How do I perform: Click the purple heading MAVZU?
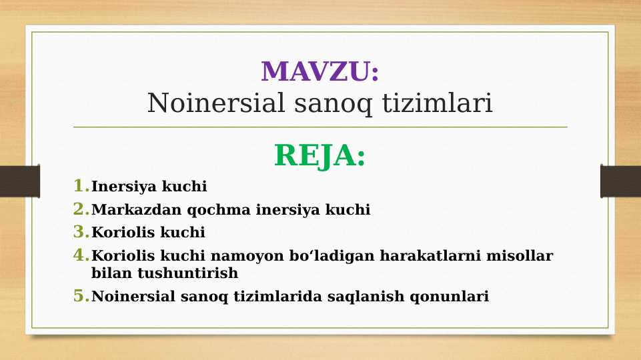[x=320, y=72]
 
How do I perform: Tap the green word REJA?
[x=320, y=156]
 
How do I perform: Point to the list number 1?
[x=81, y=185]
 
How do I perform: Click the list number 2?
[x=81, y=209]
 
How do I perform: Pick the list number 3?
[x=81, y=232]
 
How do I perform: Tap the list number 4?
[x=81, y=255]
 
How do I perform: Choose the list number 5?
[x=81, y=296]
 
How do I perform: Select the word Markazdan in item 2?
[x=136, y=210]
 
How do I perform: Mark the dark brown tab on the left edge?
[x=19, y=181]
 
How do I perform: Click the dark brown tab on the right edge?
[x=620, y=181]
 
